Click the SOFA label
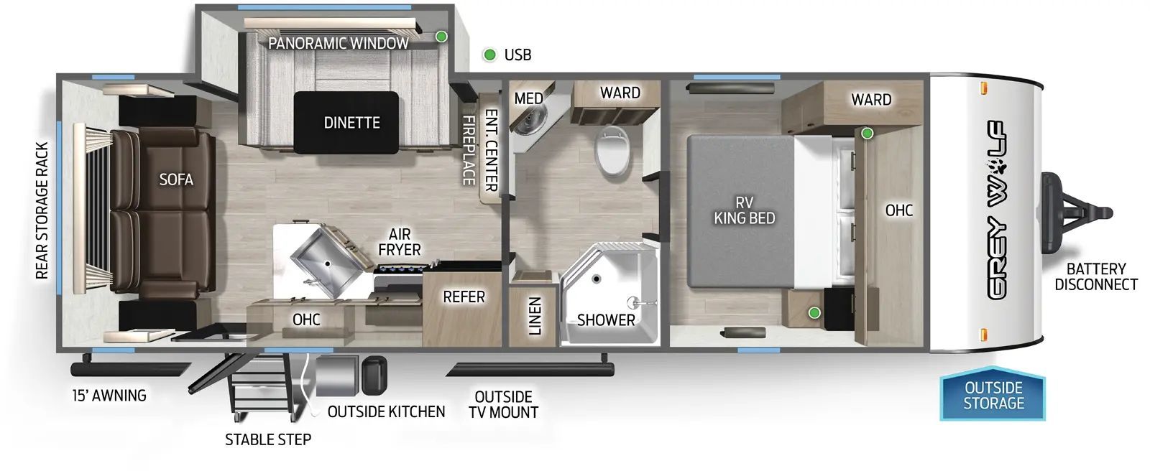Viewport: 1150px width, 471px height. click(x=176, y=179)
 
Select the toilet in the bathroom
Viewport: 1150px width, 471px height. click(x=613, y=149)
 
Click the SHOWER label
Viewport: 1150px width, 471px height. click(x=606, y=320)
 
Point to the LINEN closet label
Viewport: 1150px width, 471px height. click(x=534, y=317)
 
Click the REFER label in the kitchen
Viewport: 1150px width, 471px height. click(x=464, y=297)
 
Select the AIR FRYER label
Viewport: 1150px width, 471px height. click(x=400, y=242)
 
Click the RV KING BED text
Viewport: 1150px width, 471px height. click(x=744, y=210)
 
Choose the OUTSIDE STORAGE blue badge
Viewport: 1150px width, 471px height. click(x=993, y=396)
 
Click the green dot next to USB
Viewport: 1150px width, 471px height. click(x=489, y=55)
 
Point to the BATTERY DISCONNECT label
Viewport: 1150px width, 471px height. click(x=1095, y=276)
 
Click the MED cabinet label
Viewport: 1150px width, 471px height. click(x=528, y=98)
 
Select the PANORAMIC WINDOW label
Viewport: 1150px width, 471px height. click(x=338, y=43)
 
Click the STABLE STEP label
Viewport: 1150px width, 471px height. click(x=268, y=439)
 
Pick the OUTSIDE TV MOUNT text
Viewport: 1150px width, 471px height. click(x=503, y=404)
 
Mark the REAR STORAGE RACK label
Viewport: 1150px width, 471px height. click(x=42, y=210)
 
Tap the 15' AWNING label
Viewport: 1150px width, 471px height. click(x=109, y=395)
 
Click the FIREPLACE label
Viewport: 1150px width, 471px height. click(x=468, y=150)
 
